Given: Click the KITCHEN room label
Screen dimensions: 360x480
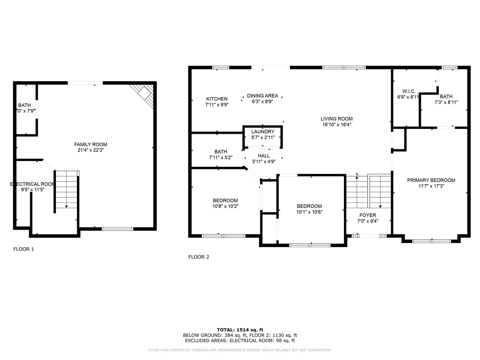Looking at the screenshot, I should tap(216, 99).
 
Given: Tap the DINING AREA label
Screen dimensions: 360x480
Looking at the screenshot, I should tap(262, 96).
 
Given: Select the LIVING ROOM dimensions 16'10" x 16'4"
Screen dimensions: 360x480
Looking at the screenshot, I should tap(336, 124).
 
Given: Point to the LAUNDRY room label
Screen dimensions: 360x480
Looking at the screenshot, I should tap(262, 132).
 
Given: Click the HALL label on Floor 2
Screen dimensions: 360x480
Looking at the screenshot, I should tap(264, 156).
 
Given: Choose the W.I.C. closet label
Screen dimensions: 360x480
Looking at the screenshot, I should tap(409, 91).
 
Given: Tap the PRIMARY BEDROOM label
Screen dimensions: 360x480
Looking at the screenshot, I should tap(431, 180).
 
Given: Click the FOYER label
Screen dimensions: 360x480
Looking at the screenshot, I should tap(367, 215).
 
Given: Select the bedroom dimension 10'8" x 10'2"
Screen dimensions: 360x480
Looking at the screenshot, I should tap(225, 206).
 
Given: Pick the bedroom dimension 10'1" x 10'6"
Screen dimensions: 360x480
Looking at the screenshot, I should tap(309, 211).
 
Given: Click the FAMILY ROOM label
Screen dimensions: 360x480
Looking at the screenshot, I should tap(90, 144).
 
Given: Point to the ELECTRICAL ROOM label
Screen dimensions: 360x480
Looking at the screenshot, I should tap(32, 184).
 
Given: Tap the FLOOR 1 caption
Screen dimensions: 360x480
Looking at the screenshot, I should tap(24, 249).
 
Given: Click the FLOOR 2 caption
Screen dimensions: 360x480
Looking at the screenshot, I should tap(199, 257).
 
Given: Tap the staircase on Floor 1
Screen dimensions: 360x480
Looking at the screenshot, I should tap(66, 189).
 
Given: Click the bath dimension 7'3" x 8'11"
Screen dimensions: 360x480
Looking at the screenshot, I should tap(446, 102).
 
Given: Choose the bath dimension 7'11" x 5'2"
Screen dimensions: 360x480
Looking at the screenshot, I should tap(220, 157).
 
